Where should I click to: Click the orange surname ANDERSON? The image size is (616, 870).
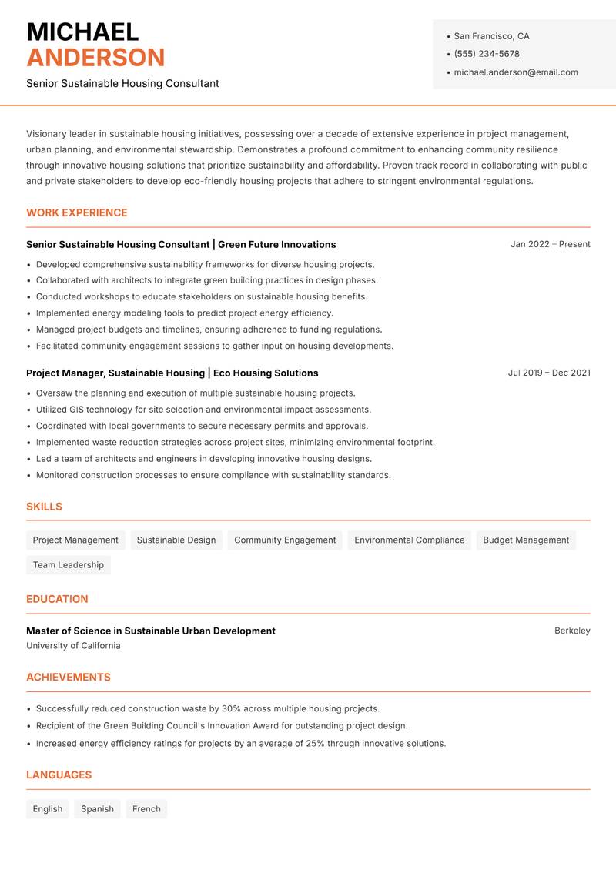point(95,58)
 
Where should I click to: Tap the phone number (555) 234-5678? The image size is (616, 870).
point(486,54)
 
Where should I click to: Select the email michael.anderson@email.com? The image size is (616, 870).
point(515,72)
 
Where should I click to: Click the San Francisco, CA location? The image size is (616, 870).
point(491,36)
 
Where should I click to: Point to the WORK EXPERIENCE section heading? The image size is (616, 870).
point(76,212)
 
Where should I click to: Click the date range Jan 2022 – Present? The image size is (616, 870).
point(550,244)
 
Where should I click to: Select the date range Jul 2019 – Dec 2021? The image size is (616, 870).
point(548,373)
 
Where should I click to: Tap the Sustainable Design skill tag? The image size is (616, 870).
point(176,540)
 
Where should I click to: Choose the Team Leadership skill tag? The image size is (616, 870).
point(69,565)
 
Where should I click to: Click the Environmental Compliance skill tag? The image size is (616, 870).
point(409,540)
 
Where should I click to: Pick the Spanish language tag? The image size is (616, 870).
point(97,809)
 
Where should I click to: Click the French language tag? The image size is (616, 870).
point(146,809)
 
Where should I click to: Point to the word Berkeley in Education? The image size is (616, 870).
point(572,631)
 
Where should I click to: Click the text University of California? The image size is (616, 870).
point(73,646)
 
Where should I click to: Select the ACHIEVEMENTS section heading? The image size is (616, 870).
point(69,678)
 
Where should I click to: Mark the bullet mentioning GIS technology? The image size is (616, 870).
point(203,410)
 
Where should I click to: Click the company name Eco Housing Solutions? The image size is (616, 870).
point(266,373)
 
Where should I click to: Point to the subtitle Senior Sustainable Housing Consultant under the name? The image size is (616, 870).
point(122,83)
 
